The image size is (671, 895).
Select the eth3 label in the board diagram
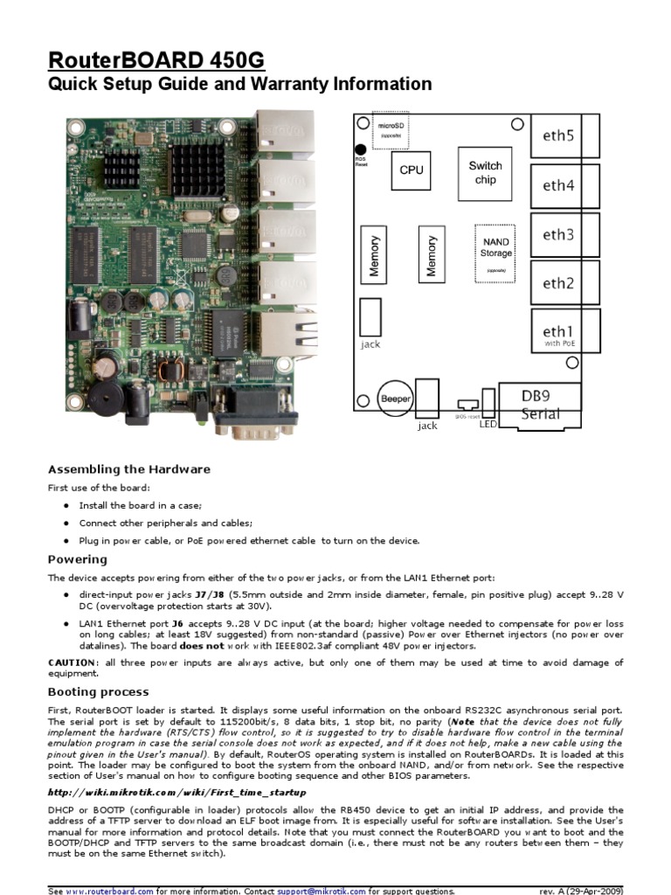(558, 234)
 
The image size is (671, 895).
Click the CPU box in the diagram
(411, 170)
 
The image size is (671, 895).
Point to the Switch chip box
(485, 172)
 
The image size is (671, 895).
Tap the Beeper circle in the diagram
(395, 399)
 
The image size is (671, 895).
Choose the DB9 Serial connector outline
(540, 405)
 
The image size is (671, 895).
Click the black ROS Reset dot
(360, 150)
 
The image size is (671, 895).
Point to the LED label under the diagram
(487, 424)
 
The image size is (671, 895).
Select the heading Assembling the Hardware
(128, 468)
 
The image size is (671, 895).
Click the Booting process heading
(99, 691)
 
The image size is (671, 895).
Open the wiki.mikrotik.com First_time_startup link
(176, 792)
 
